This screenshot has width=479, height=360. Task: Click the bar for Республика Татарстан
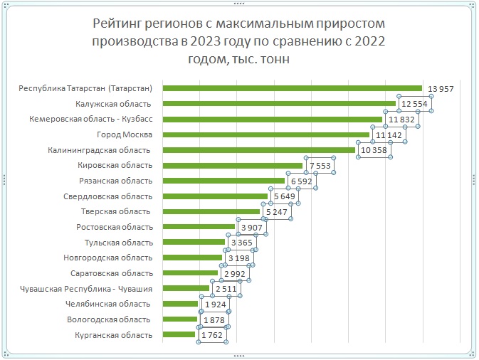pos(293,88)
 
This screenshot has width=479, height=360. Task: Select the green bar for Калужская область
pos(279,103)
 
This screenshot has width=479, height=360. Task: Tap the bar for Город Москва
pos(266,134)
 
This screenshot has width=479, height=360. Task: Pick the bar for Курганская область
pos(179,334)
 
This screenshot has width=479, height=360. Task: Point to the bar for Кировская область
pos(233,166)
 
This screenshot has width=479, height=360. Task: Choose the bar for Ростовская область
pos(199,227)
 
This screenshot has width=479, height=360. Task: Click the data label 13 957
pos(441,89)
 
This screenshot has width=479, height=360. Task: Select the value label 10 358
pos(374,150)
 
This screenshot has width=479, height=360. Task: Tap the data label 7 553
pos(320,166)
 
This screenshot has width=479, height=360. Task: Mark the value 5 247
pos(276,212)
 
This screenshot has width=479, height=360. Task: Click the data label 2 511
pos(226,289)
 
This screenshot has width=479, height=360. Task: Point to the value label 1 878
pos(214,320)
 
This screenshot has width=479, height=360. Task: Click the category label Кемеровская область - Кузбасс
pos(90,119)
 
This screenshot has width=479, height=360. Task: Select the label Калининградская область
pos(99,150)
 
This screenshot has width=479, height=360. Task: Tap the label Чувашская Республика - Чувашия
pos(86,289)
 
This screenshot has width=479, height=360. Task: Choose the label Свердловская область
pos(107,196)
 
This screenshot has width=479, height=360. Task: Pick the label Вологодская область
pos(108,319)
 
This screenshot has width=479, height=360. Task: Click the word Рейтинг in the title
pos(117,23)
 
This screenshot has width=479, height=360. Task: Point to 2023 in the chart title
pos(206,41)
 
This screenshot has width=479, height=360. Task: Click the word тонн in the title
pos(275,58)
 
